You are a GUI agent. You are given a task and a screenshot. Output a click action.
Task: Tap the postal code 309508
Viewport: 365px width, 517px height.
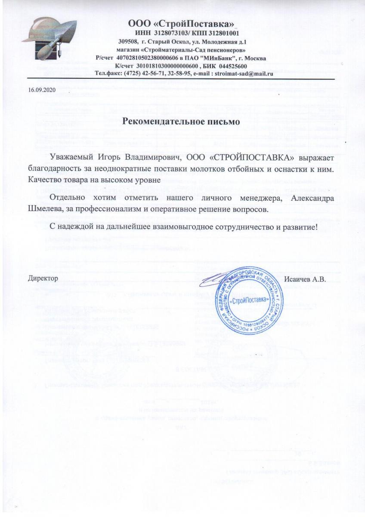pos(128,41)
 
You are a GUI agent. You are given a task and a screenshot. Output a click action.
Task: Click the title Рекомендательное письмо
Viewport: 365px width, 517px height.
pos(181,122)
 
